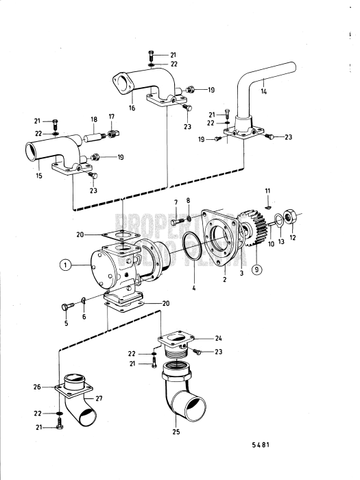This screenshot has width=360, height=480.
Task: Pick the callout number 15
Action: point(38,176)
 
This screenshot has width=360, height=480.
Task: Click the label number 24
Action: point(219,337)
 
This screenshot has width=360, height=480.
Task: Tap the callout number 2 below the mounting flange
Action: point(224,280)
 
